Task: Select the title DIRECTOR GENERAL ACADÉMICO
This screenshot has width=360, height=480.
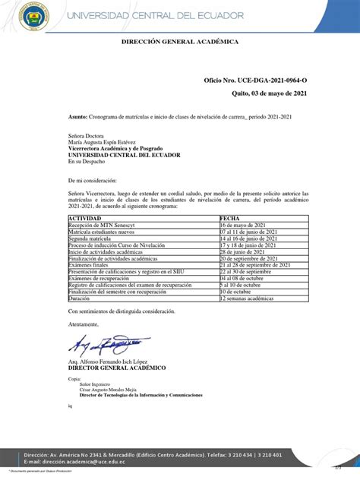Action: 117,368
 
